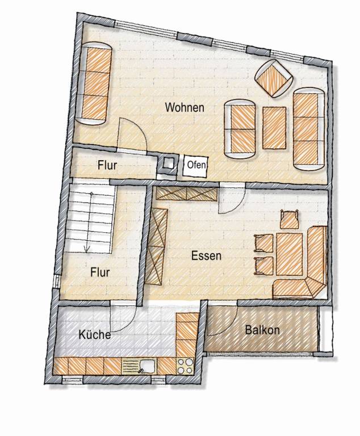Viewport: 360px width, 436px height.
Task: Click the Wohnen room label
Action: coord(185,107)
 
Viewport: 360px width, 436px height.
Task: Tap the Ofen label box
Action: coord(195,165)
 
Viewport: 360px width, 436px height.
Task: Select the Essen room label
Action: coord(206,256)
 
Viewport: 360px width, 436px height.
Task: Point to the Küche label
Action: coord(95,334)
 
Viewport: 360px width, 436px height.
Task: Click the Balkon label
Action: coord(262,330)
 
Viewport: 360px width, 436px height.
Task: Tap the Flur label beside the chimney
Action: coord(107,165)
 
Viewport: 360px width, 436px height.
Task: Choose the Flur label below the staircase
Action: coord(100,272)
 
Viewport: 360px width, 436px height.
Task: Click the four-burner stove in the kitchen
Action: coord(185,366)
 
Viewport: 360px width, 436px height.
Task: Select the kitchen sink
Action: coord(139,366)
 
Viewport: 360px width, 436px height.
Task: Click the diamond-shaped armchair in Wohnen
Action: coord(274,78)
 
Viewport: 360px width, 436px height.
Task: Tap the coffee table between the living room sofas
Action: coord(274,128)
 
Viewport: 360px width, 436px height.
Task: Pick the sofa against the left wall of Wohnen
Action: coord(94,83)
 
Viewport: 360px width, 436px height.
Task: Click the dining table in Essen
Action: coord(290,254)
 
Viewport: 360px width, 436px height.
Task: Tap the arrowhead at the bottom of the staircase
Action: coord(87,250)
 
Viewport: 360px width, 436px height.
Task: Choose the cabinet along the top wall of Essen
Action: coord(186,193)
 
